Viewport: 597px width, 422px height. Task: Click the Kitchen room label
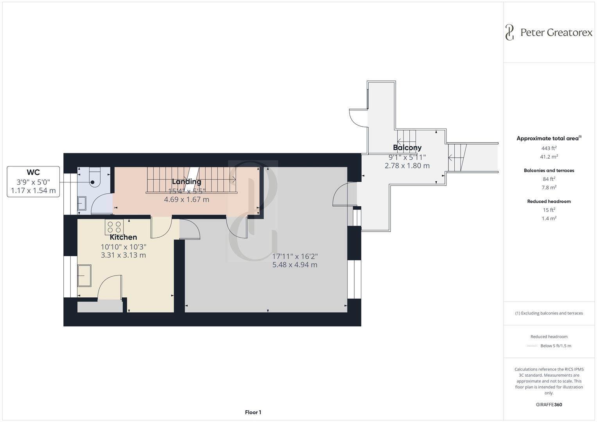tap(123, 237)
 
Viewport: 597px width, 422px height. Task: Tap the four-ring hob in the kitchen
tap(114, 227)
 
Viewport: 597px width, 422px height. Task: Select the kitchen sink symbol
tap(84, 275)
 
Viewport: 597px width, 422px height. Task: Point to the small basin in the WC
tap(82, 203)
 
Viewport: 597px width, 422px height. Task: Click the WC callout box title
tap(33, 172)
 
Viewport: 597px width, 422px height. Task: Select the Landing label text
tap(186, 182)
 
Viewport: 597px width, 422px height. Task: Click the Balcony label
tap(407, 148)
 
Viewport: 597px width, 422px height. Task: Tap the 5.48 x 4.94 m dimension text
tap(295, 265)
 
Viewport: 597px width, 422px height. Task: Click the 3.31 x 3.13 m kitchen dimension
tap(123, 255)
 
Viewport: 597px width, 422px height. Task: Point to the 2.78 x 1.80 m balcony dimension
tap(407, 166)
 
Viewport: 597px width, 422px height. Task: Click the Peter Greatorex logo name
tap(556, 32)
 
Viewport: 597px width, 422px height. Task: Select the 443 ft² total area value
tap(549, 148)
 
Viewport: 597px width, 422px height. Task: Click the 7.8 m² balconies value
tap(549, 188)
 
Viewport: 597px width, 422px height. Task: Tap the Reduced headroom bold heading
tap(549, 202)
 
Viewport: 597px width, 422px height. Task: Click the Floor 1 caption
tap(253, 412)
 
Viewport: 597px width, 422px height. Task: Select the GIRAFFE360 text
tap(549, 404)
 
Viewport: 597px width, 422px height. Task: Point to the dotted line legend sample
tap(532, 346)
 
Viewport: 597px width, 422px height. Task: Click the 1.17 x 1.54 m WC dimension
tap(33, 191)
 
